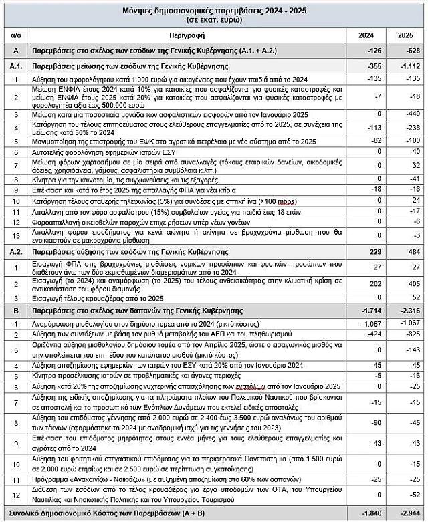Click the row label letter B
[15, 311]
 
